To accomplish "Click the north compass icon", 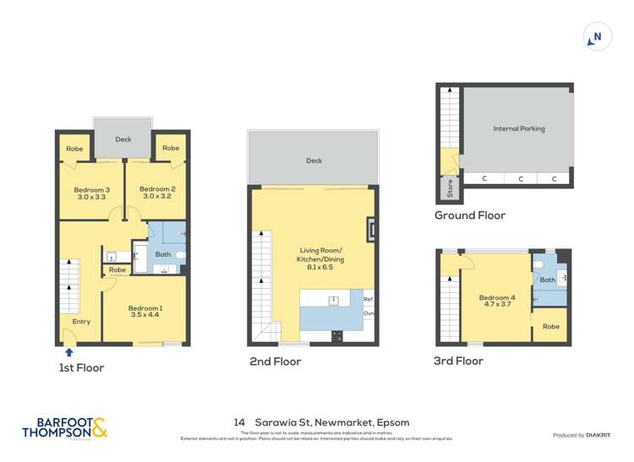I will (597, 37).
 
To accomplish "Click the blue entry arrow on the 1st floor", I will (69, 352).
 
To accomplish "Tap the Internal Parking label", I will (519, 129).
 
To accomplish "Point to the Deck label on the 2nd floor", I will (314, 160).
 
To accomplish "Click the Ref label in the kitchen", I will (368, 300).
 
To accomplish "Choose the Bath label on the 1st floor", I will (163, 253).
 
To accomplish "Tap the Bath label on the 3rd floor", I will (548, 280).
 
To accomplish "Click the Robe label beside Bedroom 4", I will (550, 326).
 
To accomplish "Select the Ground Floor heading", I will (470, 215).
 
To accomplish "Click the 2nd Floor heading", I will (275, 361).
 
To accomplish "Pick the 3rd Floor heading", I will (457, 361).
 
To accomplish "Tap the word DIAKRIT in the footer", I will (601, 435).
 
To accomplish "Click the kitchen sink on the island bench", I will (335, 300).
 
